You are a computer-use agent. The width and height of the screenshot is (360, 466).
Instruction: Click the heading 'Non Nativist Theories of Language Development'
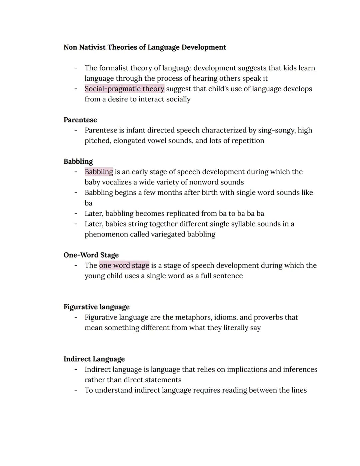[145, 47]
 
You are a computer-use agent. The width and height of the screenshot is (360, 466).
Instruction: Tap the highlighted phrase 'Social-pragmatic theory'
[124, 89]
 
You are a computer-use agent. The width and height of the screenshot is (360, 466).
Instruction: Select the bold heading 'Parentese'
[80, 120]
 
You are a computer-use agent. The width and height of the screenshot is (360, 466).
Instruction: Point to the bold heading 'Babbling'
[78, 161]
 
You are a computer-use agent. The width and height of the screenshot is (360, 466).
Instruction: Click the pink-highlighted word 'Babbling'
[99, 172]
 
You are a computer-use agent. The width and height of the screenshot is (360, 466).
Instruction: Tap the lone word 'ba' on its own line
[88, 203]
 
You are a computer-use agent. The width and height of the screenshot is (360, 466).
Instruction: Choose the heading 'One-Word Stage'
[91, 255]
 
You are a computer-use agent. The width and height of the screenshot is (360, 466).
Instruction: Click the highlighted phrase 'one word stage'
[124, 266]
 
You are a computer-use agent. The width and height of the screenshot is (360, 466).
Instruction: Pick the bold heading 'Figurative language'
[97, 307]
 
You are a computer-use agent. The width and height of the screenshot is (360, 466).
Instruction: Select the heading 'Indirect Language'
[94, 359]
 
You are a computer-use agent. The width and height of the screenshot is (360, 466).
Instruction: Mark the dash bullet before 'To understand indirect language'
[76, 390]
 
